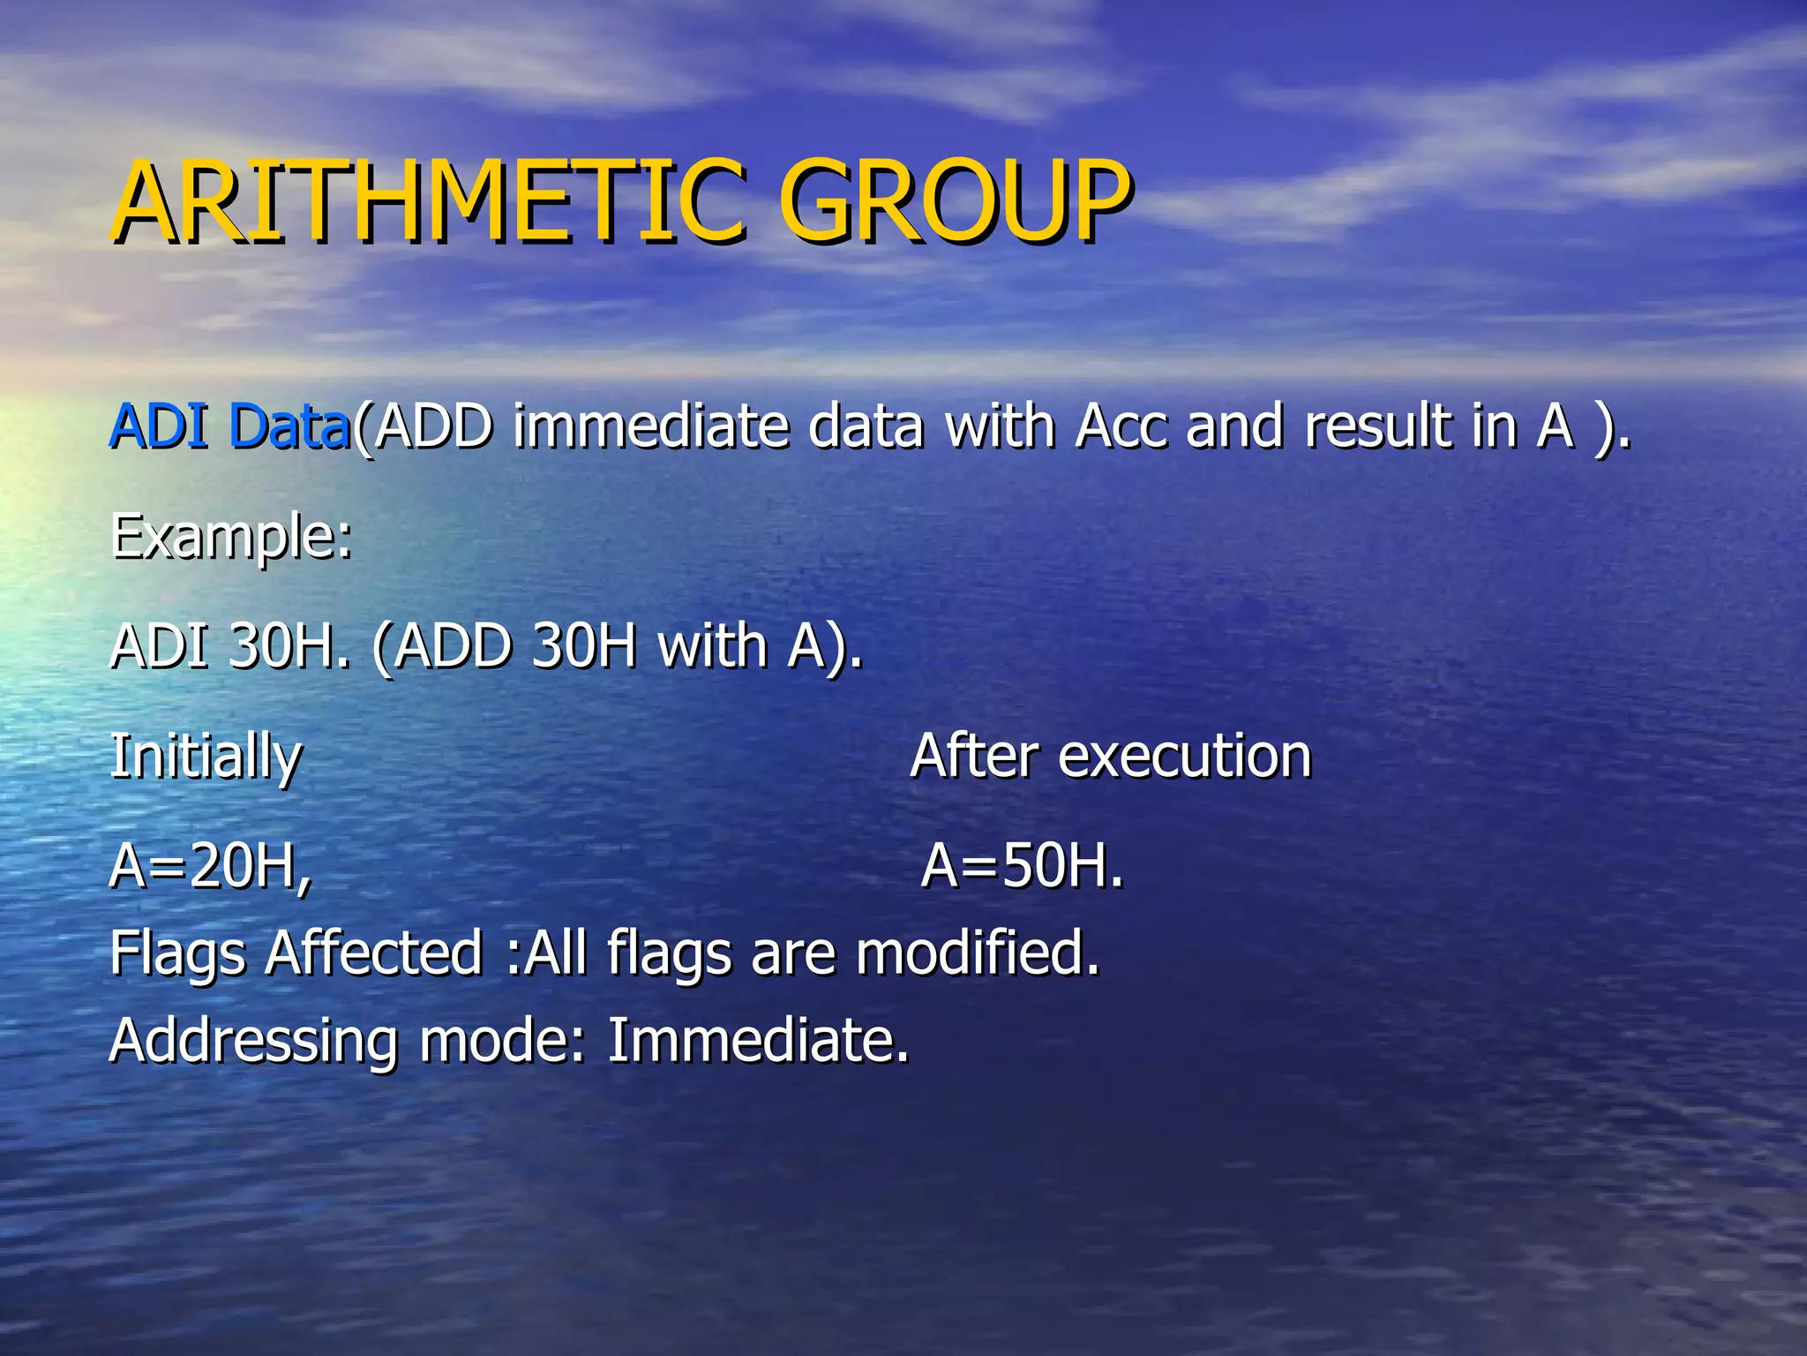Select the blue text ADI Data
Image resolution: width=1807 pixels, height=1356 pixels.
[230, 426]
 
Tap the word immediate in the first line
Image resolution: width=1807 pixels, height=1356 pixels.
[650, 426]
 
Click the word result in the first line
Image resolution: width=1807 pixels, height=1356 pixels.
[1377, 426]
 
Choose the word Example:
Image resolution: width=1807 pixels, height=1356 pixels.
[231, 537]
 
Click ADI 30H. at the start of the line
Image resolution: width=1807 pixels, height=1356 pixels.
[229, 646]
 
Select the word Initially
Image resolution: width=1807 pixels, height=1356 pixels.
[206, 757]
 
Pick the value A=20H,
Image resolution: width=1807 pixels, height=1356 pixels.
[210, 867]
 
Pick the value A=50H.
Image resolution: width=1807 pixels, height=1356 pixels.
[1022, 867]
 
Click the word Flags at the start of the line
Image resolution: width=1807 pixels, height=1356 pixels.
[177, 954]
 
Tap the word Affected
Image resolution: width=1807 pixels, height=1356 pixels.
[374, 954]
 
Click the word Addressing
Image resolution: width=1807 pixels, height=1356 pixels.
[253, 1042]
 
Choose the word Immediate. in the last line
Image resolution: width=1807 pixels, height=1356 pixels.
[757, 1042]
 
